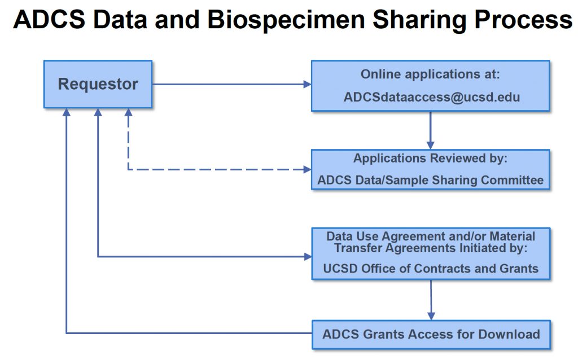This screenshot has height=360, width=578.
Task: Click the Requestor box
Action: [98, 85]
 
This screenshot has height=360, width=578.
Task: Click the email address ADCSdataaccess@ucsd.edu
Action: [431, 97]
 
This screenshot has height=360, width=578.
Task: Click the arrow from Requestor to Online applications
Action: [231, 85]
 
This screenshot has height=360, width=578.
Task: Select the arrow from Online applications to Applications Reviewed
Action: [431, 130]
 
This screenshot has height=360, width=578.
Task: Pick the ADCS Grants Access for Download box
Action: [431, 334]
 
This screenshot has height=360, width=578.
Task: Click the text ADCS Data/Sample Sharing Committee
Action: [431, 181]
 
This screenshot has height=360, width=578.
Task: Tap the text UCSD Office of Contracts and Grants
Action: [431, 269]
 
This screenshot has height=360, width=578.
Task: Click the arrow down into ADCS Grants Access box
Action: [431, 299]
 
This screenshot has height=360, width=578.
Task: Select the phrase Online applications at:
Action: [431, 74]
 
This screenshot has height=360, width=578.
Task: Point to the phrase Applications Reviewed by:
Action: [431, 159]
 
